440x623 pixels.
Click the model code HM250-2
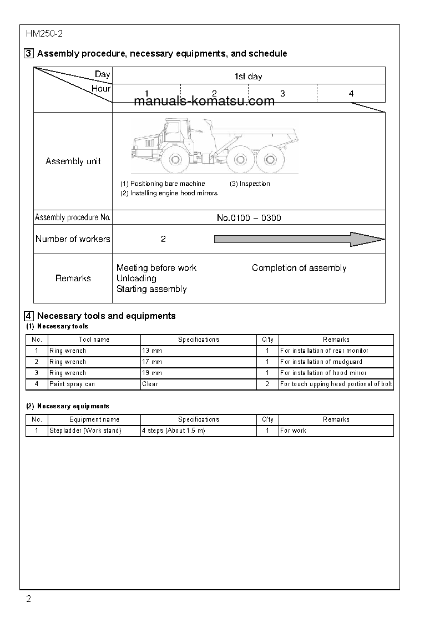tap(44, 34)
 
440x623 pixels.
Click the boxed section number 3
tap(28, 54)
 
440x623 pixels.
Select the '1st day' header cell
tap(248, 76)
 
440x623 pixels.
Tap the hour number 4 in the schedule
tap(351, 94)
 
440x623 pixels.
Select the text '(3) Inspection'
tap(250, 184)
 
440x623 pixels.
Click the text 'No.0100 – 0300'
tap(249, 218)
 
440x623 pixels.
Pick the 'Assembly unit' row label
tap(73, 161)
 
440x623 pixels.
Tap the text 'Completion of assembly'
tap(299, 268)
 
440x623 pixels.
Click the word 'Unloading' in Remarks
tap(136, 278)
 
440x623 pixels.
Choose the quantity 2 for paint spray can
tap(267, 384)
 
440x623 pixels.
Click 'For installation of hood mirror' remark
tap(323, 373)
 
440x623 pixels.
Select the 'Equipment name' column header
tap(94, 419)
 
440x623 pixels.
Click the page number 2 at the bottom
tap(29, 599)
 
